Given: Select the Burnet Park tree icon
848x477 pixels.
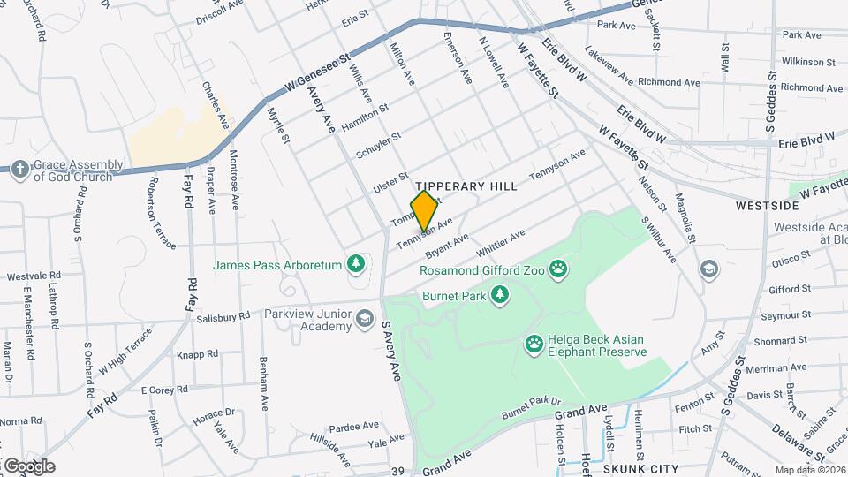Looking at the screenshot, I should pos(500,295).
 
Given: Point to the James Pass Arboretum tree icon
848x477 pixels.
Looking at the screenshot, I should pos(355,263).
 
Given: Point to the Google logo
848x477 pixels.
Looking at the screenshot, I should pos(28,466).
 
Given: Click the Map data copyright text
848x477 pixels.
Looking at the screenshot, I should pos(810,470).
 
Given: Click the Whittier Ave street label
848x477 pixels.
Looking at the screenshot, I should pos(501,244).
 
